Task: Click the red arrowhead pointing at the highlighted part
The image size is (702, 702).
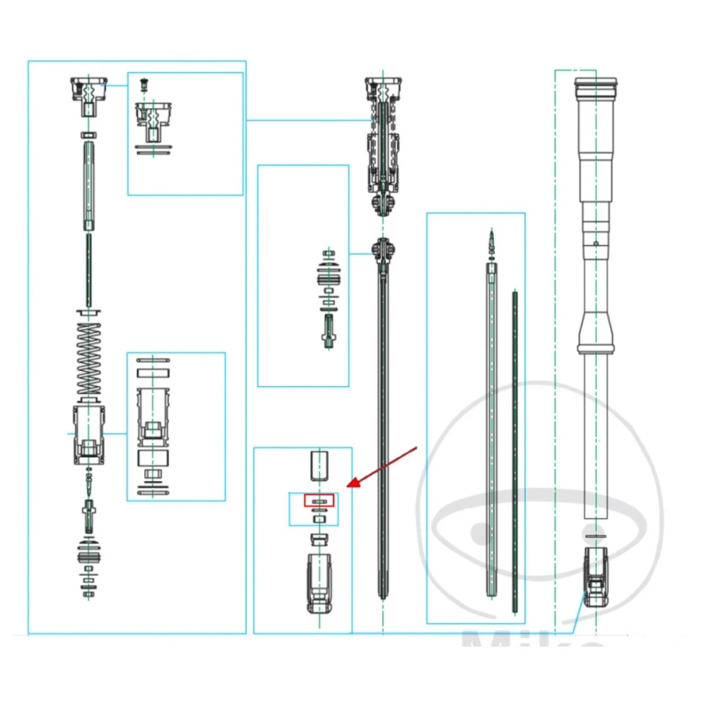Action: pyautogui.click(x=353, y=483)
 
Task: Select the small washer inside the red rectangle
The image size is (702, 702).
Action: pyautogui.click(x=320, y=501)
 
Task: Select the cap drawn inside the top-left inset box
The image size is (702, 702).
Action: pyautogui.click(x=153, y=119)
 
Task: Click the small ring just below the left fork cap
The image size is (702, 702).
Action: pyautogui.click(x=88, y=133)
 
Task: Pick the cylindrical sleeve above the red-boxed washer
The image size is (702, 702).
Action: pyautogui.click(x=319, y=465)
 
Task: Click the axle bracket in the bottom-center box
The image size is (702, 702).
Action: pyautogui.click(x=319, y=581)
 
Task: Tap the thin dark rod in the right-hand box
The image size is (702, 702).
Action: pyautogui.click(x=515, y=449)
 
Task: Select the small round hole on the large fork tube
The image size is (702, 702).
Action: pyautogui.click(x=595, y=243)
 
